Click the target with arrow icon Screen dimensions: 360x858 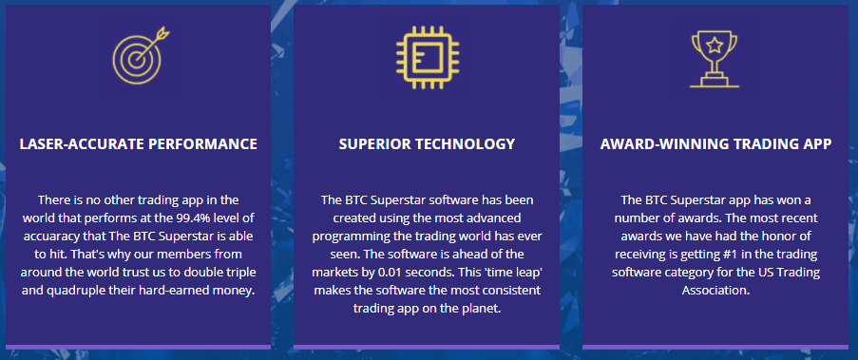(138, 56)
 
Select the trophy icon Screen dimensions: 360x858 (714, 56)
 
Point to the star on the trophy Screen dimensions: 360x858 (714, 44)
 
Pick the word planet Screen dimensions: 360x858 (479, 308)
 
